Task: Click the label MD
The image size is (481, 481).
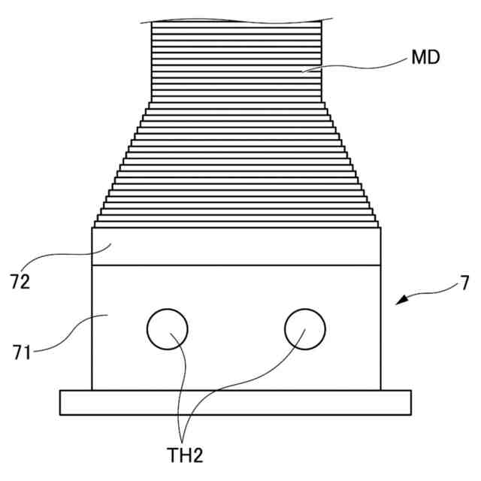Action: pos(425,58)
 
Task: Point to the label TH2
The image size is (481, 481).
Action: pos(185,455)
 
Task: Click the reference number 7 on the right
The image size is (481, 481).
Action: pos(465,283)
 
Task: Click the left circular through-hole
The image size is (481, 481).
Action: pos(167,328)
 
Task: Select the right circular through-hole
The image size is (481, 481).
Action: pos(305,328)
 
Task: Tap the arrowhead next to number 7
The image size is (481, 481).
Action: pos(399,301)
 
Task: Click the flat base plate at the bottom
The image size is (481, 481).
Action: pos(236,402)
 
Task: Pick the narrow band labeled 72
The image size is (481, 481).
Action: pos(236,246)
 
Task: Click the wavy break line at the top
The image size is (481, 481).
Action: pos(236,20)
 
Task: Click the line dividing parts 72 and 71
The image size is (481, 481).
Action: pos(236,265)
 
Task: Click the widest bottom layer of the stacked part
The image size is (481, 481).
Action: pos(236,224)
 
